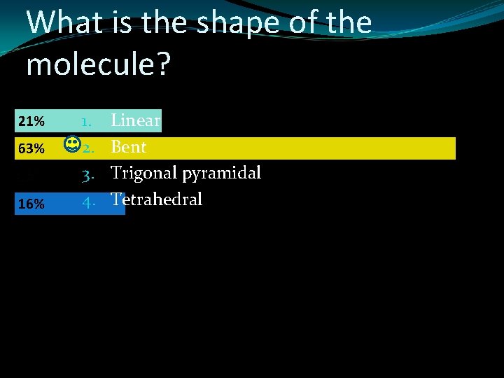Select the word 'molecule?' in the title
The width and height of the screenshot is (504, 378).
coord(98,64)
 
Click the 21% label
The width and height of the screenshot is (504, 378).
coord(31,122)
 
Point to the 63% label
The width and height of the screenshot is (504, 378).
coord(31,148)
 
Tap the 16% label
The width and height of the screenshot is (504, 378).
coord(31,204)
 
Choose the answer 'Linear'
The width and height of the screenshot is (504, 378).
coord(136,120)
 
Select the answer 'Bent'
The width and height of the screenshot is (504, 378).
coord(129,147)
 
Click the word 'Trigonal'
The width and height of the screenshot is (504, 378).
coord(142,173)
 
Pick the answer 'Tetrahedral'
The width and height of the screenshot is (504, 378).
coord(156,199)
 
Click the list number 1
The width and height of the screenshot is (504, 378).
coord(87,122)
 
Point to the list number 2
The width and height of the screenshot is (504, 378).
coord(87,148)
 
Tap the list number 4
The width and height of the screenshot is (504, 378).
coord(87,204)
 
